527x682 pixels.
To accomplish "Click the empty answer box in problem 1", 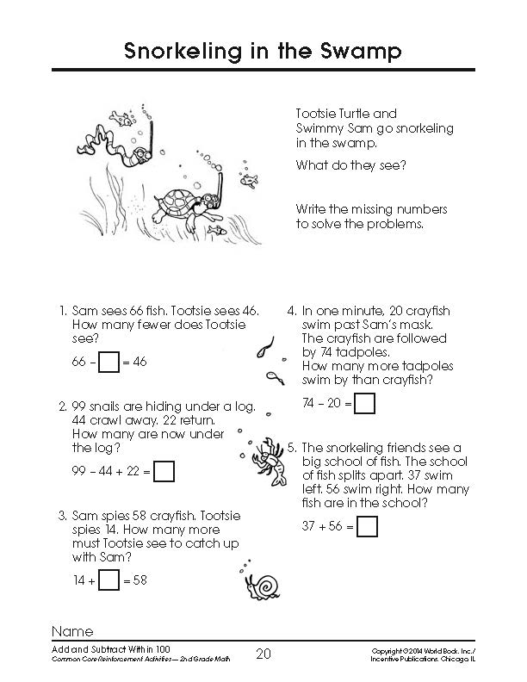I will tap(108, 363).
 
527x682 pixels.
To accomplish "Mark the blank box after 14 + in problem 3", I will tap(108, 580).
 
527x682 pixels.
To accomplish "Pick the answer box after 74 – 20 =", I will tap(366, 402).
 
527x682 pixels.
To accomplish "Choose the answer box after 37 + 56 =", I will tap(368, 525).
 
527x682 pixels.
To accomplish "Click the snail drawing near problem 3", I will tap(263, 583).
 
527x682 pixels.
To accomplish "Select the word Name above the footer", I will tap(72, 630).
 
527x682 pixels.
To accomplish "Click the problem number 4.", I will tap(292, 311).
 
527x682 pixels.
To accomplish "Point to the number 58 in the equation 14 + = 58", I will tap(139, 580).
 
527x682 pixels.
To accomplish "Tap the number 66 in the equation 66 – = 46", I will tap(80, 363).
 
